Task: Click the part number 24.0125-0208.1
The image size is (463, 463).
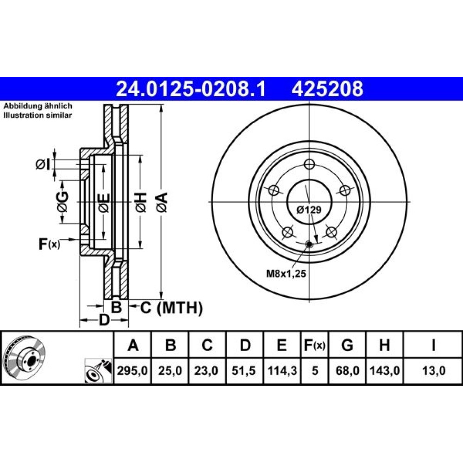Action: click(191, 89)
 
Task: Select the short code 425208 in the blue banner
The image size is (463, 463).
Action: click(327, 89)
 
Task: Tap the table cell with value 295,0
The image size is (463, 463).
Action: click(132, 370)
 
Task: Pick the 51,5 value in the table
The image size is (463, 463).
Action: click(244, 370)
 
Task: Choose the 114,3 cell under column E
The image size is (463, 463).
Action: click(282, 370)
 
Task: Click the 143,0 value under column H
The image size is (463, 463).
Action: click(384, 370)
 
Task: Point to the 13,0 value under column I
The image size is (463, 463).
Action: click(433, 370)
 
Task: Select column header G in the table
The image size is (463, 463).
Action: click(347, 345)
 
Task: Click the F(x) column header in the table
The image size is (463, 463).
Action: click(315, 345)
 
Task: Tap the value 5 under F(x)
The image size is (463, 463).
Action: click(315, 370)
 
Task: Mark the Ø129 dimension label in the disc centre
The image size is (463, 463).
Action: click(309, 210)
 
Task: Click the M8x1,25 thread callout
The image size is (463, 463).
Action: click(286, 274)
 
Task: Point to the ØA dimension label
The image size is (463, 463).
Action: click(162, 202)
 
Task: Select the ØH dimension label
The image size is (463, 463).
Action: click(141, 202)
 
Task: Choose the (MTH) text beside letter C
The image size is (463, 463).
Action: click(180, 308)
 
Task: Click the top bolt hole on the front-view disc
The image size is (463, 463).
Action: click(309, 164)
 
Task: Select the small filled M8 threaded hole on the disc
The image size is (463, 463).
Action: click(309, 244)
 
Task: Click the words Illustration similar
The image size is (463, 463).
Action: click(38, 115)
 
